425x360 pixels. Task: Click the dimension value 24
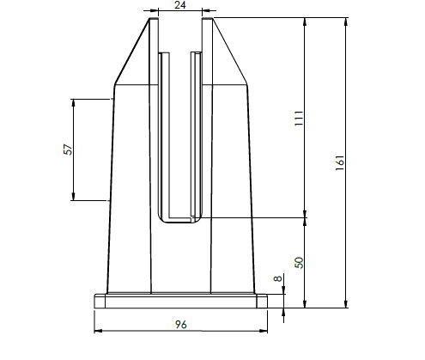point(179,5)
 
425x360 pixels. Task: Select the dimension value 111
point(299,118)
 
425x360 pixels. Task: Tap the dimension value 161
point(339,163)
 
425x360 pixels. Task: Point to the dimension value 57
point(68,149)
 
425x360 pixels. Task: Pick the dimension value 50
point(299,262)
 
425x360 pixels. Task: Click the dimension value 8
point(278,278)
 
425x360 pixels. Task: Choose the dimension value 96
point(180,325)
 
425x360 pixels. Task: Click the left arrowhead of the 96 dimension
point(98,331)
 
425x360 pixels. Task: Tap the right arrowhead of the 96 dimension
point(264,331)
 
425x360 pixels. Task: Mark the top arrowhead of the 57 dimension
point(73,103)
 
